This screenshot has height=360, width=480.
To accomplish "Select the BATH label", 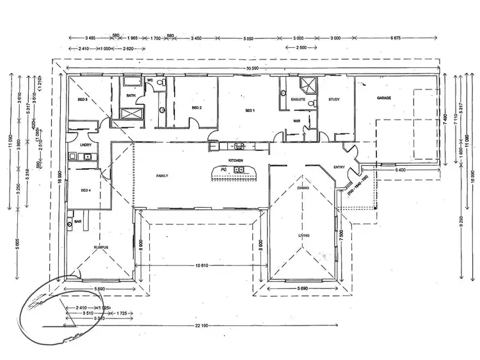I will tap(131, 96).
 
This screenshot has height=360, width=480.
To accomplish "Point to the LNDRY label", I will tap(84, 145).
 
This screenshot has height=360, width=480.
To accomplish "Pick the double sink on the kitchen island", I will tap(238, 169).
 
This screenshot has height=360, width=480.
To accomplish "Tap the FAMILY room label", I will tap(162, 175).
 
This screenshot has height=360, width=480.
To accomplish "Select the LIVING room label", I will tap(303, 236).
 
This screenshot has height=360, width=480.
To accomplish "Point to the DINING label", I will tap(303, 188).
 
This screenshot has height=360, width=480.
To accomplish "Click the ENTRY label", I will tap(339, 168).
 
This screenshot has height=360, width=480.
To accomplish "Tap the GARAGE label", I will tap(383, 98).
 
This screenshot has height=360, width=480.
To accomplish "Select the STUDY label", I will tap(333, 100).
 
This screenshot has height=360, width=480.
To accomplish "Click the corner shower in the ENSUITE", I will tap(308, 83).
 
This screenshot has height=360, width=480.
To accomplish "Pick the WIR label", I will tap(296, 120).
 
